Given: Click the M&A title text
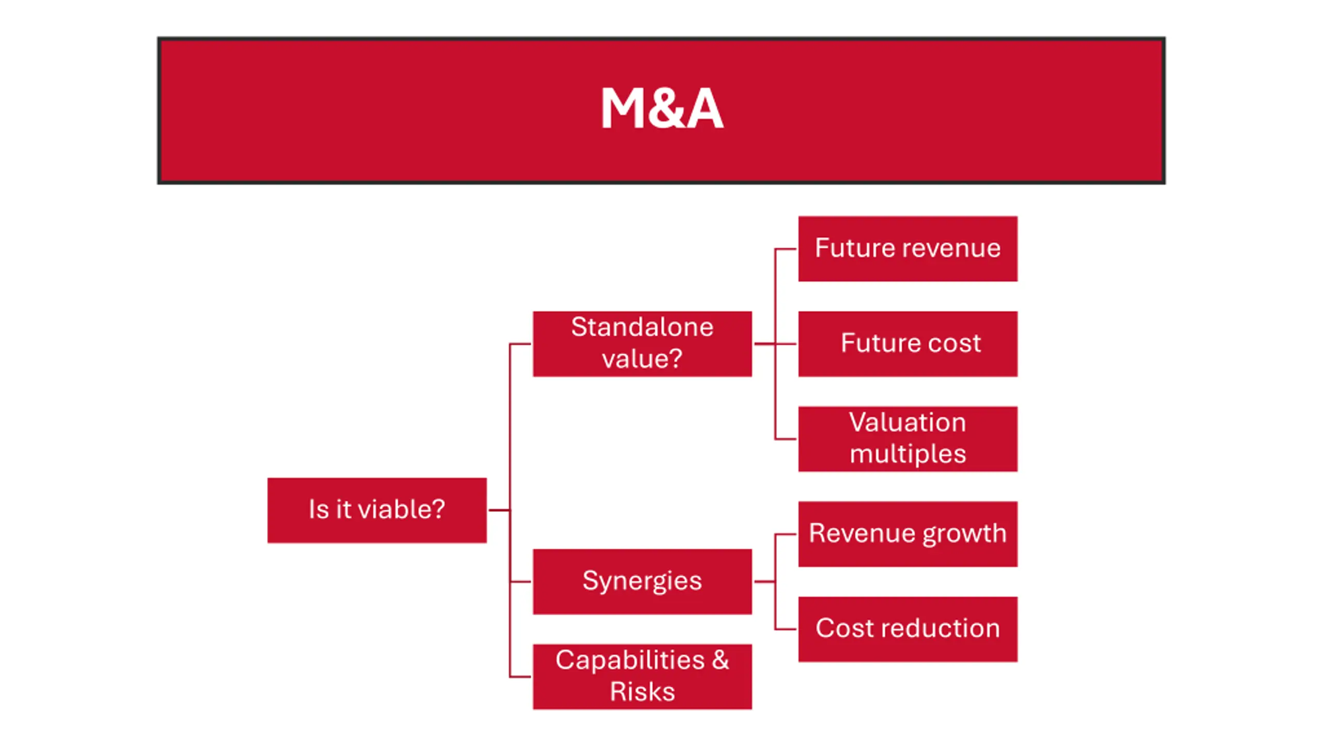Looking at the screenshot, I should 661,109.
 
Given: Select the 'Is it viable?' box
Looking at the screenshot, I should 377,510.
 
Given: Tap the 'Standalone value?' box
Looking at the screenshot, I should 642,344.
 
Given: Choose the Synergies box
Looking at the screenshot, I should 642,581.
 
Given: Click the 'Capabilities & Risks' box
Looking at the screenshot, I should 642,676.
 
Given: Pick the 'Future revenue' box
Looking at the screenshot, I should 907,249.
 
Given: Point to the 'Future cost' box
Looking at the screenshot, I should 907,344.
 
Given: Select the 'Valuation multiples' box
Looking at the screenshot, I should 907,439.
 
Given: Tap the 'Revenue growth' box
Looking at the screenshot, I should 907,534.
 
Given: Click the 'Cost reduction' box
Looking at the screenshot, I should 907,629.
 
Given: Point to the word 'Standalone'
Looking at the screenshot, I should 642,328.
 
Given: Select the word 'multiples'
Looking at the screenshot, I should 907,455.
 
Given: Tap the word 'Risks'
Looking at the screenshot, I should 642,692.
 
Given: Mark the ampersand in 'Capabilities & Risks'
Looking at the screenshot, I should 720,660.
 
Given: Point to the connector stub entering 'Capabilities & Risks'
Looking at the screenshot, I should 520,676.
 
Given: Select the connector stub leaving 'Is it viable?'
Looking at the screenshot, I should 499,510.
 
